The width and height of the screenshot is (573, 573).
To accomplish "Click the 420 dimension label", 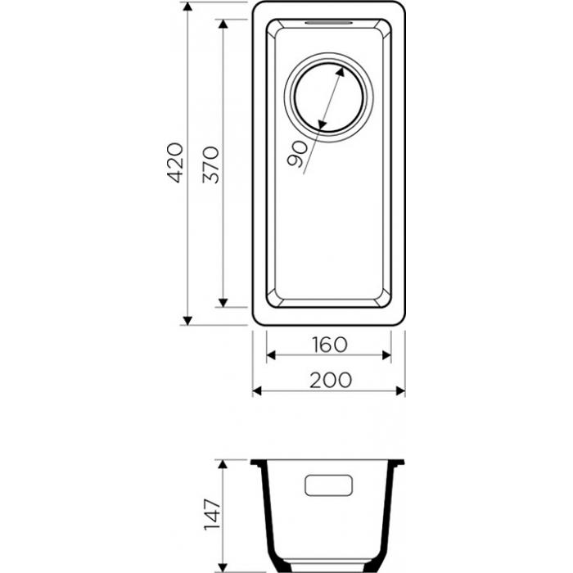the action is coord(175,163).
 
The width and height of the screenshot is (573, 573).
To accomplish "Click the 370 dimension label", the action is coord(211,165).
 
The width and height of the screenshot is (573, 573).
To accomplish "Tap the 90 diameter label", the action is coord(297,154).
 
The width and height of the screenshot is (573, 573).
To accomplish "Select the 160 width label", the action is coord(329,345).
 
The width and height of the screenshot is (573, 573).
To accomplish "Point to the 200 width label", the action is coord(331,380).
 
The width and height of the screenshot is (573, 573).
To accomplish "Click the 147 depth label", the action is coord(212,514).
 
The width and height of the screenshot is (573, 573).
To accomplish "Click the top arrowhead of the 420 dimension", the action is coord(187,7).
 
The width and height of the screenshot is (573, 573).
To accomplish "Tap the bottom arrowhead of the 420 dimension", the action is coord(187,321).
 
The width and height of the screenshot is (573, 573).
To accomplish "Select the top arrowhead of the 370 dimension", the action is coord(223,24).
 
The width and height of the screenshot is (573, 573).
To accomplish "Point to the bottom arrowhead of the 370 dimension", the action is coord(223,303).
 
